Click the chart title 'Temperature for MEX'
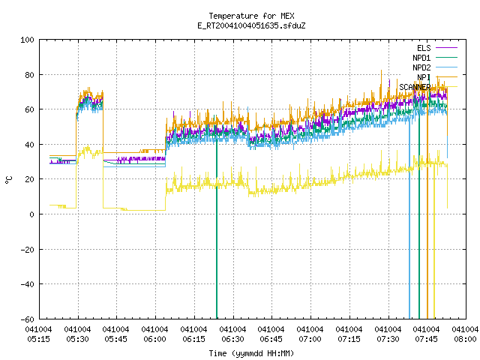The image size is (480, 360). [x=251, y=16]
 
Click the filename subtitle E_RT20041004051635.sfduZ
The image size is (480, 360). [x=251, y=25]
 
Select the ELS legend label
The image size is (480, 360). [x=424, y=48]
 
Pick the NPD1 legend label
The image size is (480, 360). [x=421, y=58]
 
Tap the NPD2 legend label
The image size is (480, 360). [x=421, y=67]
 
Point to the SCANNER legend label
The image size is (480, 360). [x=415, y=87]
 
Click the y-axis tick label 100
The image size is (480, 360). [x=27, y=40]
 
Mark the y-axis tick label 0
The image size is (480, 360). [x=31, y=214]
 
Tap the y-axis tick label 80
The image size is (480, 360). [x=29, y=75]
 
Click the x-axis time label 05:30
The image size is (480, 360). [x=78, y=339]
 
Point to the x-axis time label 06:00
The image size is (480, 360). [x=155, y=339]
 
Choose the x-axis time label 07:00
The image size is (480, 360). [x=310, y=339]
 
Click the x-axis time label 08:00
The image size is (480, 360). [x=465, y=339]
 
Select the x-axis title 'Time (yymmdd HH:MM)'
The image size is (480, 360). [x=251, y=353]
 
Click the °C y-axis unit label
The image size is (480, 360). [x=9, y=180]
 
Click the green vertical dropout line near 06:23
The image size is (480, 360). [x=217, y=229]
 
